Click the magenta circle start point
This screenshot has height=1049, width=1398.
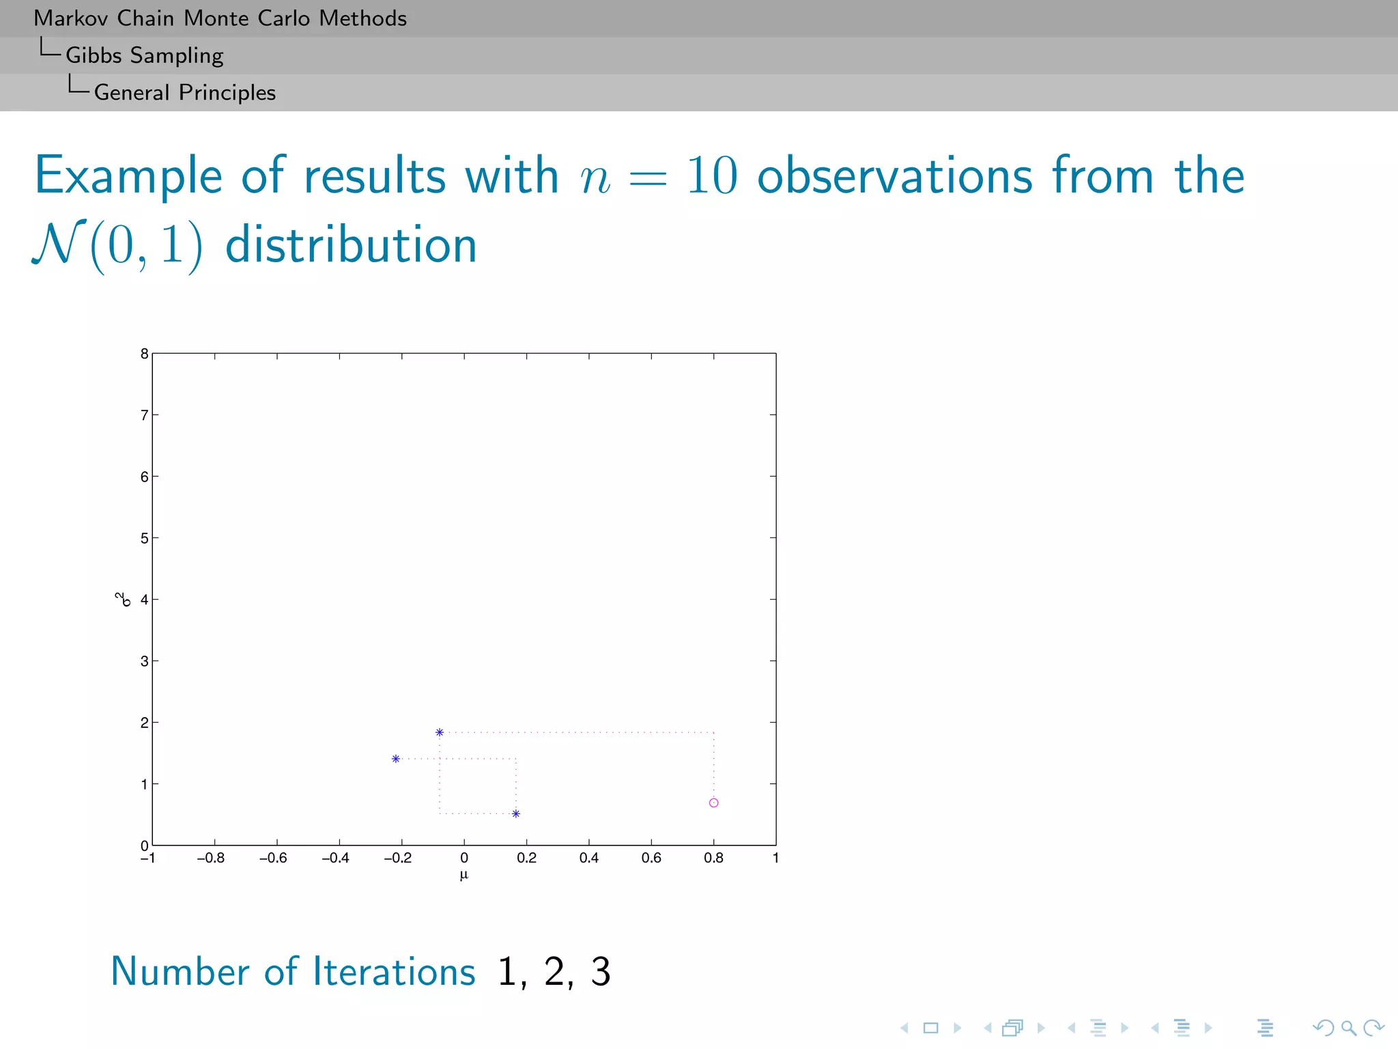(x=713, y=802)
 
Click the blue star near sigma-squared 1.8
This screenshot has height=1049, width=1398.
(x=440, y=732)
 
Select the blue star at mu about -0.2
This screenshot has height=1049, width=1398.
(x=396, y=759)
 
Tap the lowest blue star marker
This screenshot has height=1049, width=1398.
(x=516, y=813)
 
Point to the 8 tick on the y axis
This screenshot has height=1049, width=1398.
(x=144, y=354)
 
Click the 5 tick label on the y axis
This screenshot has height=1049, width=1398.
(x=144, y=538)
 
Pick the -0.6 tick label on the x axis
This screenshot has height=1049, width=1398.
(x=273, y=858)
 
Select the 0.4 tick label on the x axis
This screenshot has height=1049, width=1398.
(x=589, y=858)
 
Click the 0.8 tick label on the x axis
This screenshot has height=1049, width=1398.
(x=713, y=858)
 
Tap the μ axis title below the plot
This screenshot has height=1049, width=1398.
(x=464, y=875)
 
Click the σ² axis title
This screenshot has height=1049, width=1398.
(x=123, y=600)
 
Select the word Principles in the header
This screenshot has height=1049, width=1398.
(x=227, y=92)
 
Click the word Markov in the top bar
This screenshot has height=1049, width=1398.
(x=71, y=18)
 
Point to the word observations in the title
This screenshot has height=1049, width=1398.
(x=895, y=176)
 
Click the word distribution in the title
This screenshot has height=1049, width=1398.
(x=351, y=245)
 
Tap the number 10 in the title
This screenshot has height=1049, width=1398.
(x=711, y=176)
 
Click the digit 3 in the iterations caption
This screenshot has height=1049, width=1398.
(x=600, y=972)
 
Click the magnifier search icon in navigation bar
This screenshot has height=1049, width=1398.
(x=1348, y=1027)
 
